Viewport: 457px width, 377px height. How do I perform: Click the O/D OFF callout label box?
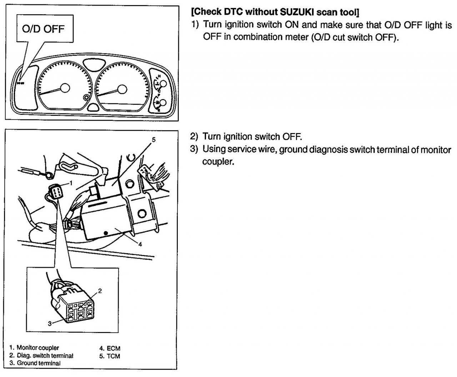click(44, 29)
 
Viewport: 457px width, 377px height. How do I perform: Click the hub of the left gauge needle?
click(65, 88)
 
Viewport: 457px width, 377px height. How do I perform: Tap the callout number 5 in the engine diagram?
click(154, 140)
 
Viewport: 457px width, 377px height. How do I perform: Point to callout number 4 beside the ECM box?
click(140, 244)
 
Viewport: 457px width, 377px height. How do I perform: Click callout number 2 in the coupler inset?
click(100, 290)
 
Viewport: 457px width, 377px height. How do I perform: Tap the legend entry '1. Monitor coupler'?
click(34, 348)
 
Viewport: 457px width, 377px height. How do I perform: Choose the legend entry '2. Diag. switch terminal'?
click(41, 356)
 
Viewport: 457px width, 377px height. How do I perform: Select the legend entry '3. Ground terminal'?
click(35, 363)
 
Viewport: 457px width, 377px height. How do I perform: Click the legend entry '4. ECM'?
click(109, 348)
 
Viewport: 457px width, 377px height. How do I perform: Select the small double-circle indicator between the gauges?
click(86, 98)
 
